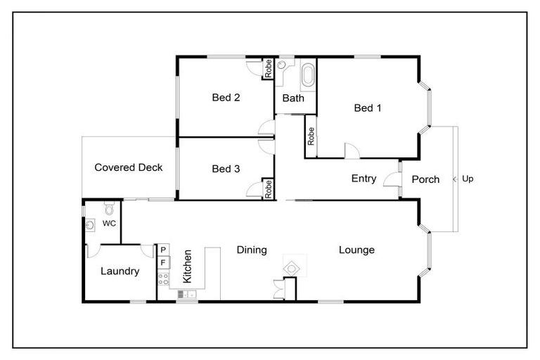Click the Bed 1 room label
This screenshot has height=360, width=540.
click(368, 108)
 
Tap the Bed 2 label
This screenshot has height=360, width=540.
click(226, 98)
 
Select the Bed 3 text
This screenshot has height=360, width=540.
click(226, 169)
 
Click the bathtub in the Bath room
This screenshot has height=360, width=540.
click(309, 75)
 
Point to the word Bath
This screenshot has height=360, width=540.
click(293, 98)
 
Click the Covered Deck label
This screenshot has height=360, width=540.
click(129, 167)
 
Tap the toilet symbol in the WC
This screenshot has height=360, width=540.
click(109, 209)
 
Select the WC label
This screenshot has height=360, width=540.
click(109, 224)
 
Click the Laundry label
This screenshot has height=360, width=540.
click(120, 271)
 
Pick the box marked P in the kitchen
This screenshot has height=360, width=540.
click(163, 250)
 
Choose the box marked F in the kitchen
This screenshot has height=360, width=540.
click(163, 263)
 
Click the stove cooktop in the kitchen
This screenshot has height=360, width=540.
click(163, 279)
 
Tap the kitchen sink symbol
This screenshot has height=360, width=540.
click(186, 294)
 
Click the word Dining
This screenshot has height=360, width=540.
click(251, 250)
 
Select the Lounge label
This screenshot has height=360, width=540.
click(356, 250)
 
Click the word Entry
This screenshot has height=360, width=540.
click(364, 179)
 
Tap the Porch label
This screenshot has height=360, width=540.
click(425, 179)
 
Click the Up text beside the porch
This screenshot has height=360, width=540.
click(468, 179)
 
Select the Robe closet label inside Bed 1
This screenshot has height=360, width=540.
click(311, 136)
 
